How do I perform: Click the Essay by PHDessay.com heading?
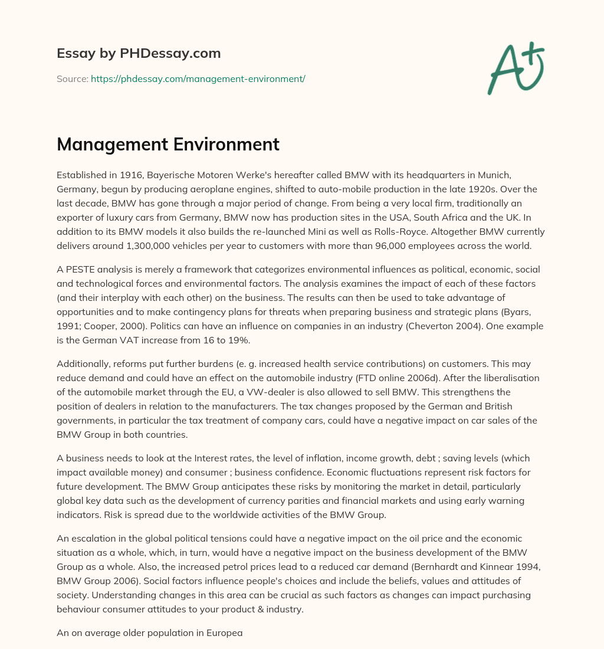pos(139,54)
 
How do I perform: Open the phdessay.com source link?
pos(198,78)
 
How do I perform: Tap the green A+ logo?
pos(515,68)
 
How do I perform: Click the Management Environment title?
pos(168,144)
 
